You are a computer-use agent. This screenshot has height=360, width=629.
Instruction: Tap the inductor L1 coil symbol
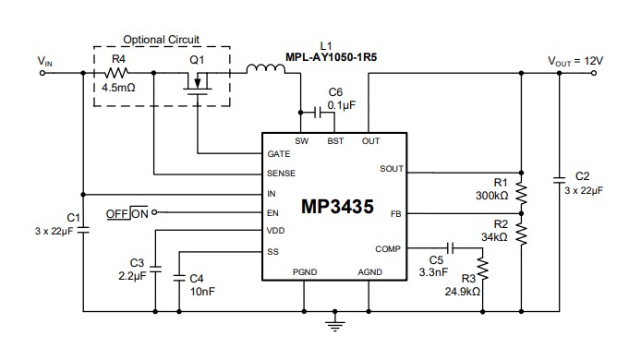[266, 68]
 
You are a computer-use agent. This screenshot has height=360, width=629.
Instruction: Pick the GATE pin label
[279, 154]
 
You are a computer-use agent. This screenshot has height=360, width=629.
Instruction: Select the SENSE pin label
[282, 174]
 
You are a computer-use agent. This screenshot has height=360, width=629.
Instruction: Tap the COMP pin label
[388, 248]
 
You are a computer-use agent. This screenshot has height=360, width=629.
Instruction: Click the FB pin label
[394, 212]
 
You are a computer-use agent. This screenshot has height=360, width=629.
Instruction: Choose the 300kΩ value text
[491, 197]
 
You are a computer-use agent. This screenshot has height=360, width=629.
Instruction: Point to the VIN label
[45, 61]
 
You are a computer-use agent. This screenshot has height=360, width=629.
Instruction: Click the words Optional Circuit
[162, 40]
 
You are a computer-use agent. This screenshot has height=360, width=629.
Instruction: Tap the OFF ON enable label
[127, 212]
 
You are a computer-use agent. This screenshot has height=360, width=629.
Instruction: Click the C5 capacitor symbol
[450, 248]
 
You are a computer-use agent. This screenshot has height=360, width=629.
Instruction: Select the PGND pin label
[304, 271]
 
